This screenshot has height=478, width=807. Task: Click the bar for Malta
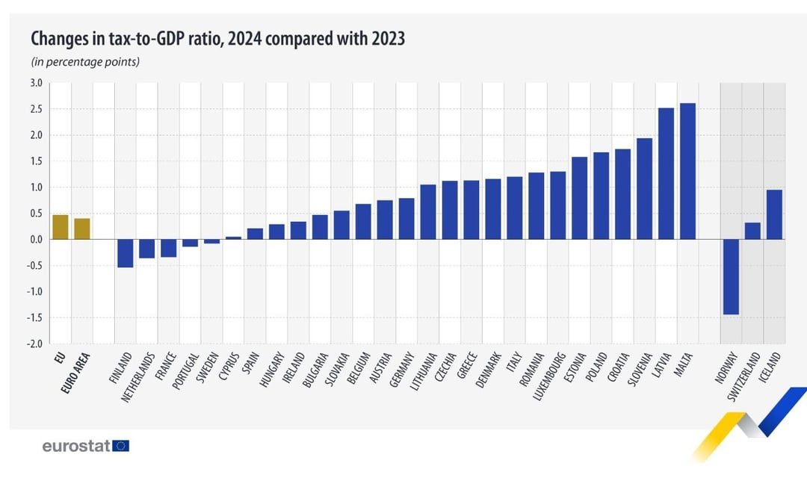[687, 171]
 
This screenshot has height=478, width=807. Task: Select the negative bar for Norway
[731, 276]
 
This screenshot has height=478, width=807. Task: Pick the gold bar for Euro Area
[82, 229]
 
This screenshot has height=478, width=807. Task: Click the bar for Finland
[126, 253]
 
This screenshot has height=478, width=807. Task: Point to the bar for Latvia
[666, 173]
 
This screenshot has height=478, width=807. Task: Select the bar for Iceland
[774, 214]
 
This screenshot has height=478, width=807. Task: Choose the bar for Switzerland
[752, 231]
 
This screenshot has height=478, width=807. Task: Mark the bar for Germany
[406, 218]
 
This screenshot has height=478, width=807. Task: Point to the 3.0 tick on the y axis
[36, 83]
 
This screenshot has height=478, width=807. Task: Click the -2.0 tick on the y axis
[35, 344]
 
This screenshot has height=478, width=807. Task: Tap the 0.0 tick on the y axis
[36, 239]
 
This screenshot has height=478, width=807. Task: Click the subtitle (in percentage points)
[85, 62]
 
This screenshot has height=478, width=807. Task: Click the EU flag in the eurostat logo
[122, 446]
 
